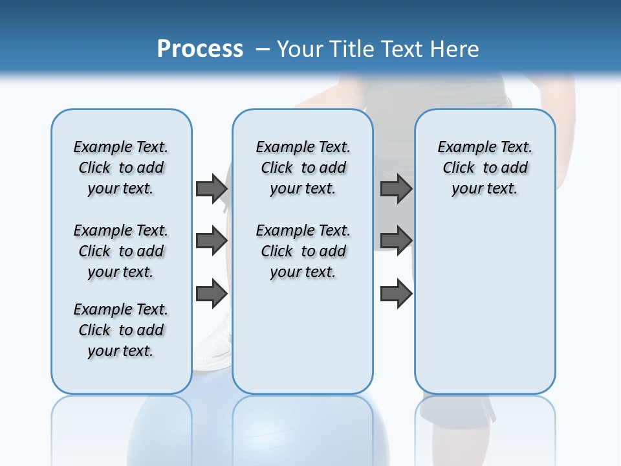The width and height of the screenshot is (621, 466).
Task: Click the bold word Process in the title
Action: pyautogui.click(x=200, y=49)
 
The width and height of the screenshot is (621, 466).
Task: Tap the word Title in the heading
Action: pyautogui.click(x=353, y=49)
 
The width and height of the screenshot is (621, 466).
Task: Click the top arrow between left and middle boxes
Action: pyautogui.click(x=212, y=188)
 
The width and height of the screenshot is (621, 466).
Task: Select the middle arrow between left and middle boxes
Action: pyautogui.click(x=212, y=241)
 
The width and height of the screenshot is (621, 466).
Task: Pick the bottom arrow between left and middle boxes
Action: pyautogui.click(x=212, y=294)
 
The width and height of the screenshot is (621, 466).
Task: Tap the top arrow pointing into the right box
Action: pyautogui.click(x=396, y=188)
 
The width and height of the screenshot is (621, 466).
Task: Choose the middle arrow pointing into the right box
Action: pyautogui.click(x=396, y=241)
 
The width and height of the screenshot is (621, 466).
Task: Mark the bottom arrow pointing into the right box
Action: pyautogui.click(x=396, y=294)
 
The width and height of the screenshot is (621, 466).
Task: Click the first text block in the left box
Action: pyautogui.click(x=121, y=168)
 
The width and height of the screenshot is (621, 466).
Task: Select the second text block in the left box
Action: pyautogui.click(x=121, y=251)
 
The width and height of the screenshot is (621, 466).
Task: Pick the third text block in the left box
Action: pyautogui.click(x=121, y=330)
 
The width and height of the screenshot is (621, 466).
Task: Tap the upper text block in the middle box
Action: pyautogui.click(x=303, y=168)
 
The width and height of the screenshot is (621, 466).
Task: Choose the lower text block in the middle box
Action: pyautogui.click(x=303, y=251)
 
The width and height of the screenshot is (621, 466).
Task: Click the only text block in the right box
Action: pyautogui.click(x=485, y=168)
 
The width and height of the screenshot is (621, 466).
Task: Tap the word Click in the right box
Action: pyautogui.click(x=459, y=168)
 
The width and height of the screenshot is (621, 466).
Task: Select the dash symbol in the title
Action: pyautogui.click(x=263, y=49)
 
